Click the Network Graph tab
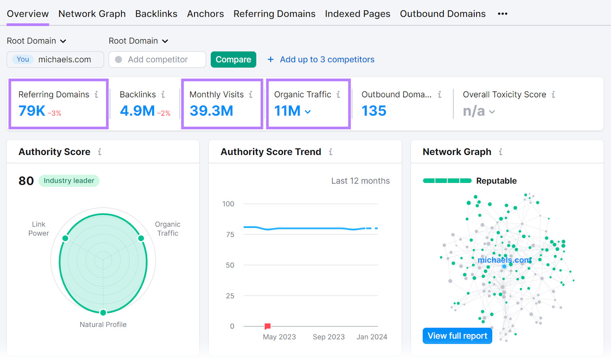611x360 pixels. pyautogui.click(x=92, y=14)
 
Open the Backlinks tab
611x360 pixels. pyautogui.click(x=156, y=14)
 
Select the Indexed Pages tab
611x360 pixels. pyautogui.click(x=357, y=14)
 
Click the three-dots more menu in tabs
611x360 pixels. pyautogui.click(x=503, y=14)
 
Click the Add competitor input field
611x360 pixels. pyautogui.click(x=157, y=60)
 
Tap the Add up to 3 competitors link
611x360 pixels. pyautogui.click(x=327, y=60)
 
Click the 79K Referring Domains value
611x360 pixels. pyautogui.click(x=32, y=111)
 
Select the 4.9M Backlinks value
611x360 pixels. pyautogui.click(x=137, y=111)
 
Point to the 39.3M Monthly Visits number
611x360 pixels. pyautogui.click(x=211, y=111)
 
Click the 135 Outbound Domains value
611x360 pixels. pyautogui.click(x=374, y=111)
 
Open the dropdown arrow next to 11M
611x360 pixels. pyautogui.click(x=308, y=112)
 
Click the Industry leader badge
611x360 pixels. pyautogui.click(x=69, y=181)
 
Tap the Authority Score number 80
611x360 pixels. pyautogui.click(x=26, y=181)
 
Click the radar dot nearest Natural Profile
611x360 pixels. pyautogui.click(x=103, y=313)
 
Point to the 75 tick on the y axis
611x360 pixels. pyautogui.click(x=230, y=234)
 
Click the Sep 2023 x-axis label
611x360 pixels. pyautogui.click(x=328, y=337)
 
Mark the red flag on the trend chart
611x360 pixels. pyautogui.click(x=268, y=326)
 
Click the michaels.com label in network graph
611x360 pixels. pyautogui.click(x=504, y=260)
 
